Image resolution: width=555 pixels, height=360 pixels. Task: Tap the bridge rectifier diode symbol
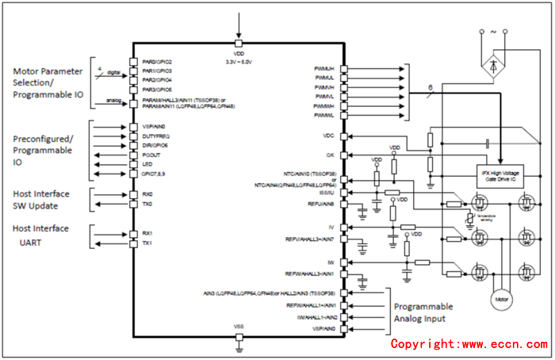click(x=492, y=64)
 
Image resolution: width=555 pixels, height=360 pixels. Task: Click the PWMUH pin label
click(x=323, y=69)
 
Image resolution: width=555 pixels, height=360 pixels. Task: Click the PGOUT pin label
click(x=151, y=155)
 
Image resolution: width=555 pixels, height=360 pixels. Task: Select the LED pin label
click(x=147, y=165)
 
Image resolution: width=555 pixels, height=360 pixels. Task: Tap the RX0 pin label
click(x=147, y=194)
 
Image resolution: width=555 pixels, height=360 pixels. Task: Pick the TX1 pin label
click(x=147, y=243)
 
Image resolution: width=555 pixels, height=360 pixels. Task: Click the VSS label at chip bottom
click(x=239, y=327)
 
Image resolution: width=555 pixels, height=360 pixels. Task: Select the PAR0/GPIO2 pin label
click(x=157, y=62)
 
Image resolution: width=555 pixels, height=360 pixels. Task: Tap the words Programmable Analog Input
click(x=424, y=312)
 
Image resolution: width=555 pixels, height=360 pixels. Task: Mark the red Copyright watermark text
click(x=469, y=344)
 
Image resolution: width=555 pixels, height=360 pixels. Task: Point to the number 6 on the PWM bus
click(x=430, y=87)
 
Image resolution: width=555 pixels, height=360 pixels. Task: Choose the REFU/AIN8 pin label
click(x=321, y=203)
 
